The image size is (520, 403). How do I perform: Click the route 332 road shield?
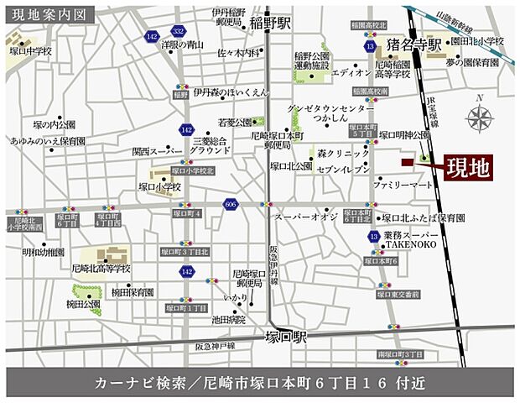pyautogui.click(x=178, y=30)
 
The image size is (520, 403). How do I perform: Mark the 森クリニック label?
pyautogui.click(x=343, y=154)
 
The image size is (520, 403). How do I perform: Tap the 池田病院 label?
pyautogui.click(x=229, y=319)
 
